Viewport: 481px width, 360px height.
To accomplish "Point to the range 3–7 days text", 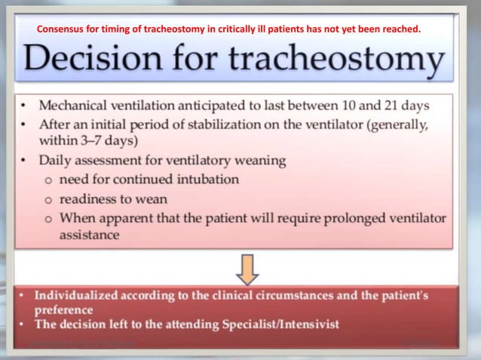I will [x=98, y=141].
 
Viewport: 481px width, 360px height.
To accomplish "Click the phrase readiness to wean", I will [x=113, y=199].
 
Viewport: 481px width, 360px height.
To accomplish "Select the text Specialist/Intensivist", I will [x=279, y=325].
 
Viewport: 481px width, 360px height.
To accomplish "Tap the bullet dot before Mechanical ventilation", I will [x=25, y=107].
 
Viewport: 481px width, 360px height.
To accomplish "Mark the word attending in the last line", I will [x=190, y=325].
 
